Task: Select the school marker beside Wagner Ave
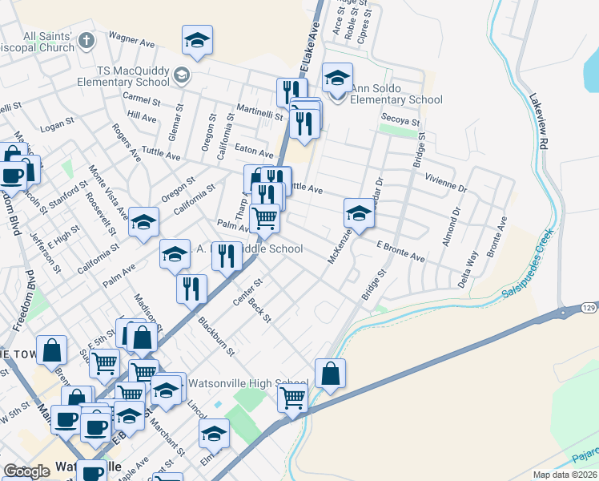click(197, 40)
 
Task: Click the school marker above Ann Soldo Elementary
click(338, 78)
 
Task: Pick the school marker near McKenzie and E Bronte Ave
click(359, 213)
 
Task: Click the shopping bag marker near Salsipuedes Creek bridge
click(330, 373)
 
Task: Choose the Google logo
click(27, 471)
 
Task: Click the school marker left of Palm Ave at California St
click(144, 222)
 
